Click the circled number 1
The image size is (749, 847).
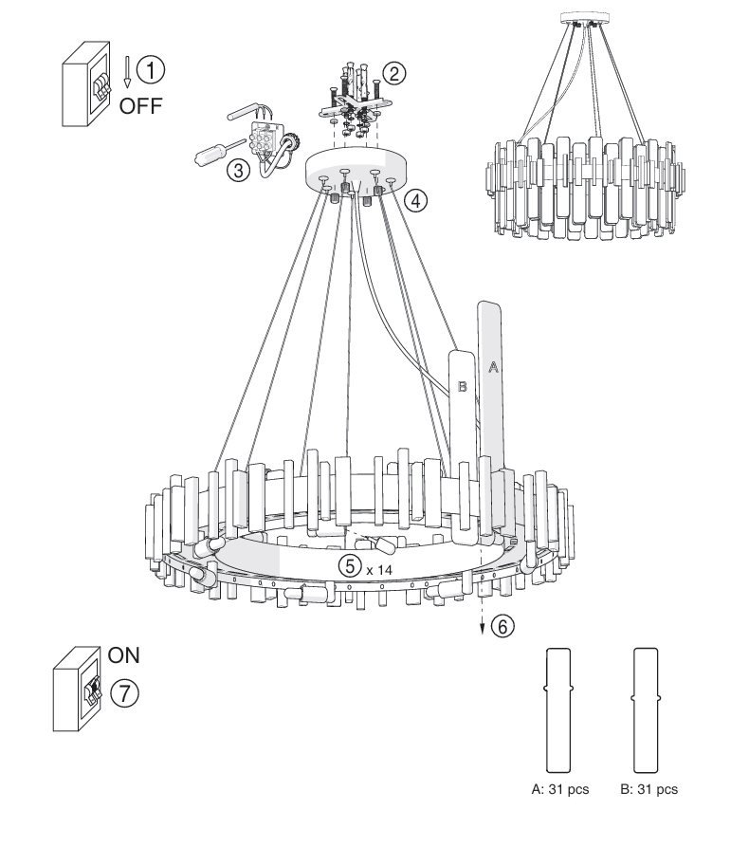(x=150, y=69)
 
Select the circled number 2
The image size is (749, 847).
(x=393, y=71)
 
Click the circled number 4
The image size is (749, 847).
(x=413, y=201)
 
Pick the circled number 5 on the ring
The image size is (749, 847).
(x=351, y=567)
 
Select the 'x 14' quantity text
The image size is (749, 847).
(x=380, y=570)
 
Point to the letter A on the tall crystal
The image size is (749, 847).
(x=492, y=366)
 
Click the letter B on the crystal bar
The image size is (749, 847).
(x=462, y=387)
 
